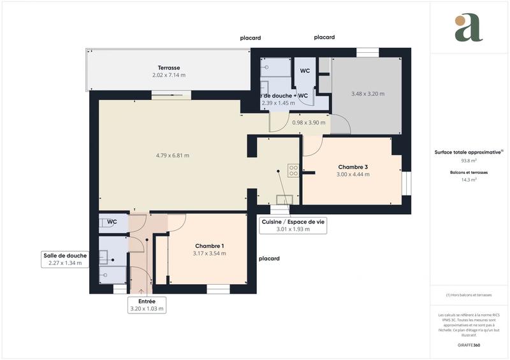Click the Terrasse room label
[x=168, y=68]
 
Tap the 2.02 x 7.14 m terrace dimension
[x=168, y=75]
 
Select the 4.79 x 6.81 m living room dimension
[x=172, y=155]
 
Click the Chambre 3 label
[x=353, y=167]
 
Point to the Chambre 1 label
[x=209, y=246]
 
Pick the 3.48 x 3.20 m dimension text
[x=368, y=94]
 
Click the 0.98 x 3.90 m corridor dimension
[x=309, y=122]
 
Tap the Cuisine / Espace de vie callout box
[x=293, y=226]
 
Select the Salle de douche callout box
[x=65, y=259]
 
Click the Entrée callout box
[x=147, y=305]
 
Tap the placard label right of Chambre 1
[x=268, y=259]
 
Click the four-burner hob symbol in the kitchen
[x=293, y=170]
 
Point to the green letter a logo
[x=469, y=28]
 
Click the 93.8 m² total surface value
[x=469, y=161]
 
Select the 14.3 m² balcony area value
[x=469, y=180]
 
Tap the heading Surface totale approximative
[x=469, y=152]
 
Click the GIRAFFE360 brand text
[x=469, y=344]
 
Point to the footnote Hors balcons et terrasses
[x=469, y=294]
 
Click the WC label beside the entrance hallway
[x=112, y=222]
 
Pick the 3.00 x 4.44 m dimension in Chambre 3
[x=353, y=174]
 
